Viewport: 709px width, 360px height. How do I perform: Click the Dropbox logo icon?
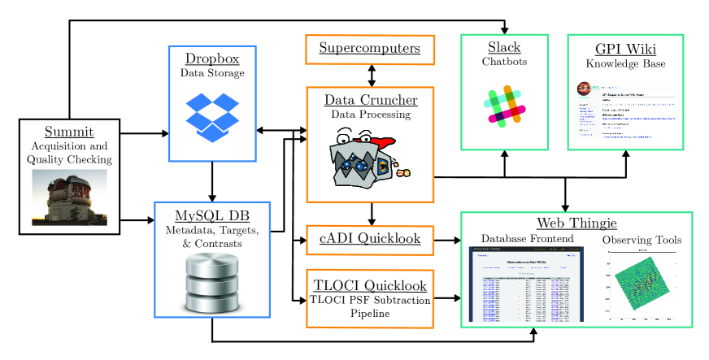coord(212,116)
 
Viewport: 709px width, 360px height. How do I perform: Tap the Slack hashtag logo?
coord(504,105)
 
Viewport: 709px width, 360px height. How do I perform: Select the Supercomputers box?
coord(370,49)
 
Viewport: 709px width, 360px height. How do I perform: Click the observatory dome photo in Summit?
coord(69,197)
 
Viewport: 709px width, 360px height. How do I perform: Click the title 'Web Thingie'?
coord(576,223)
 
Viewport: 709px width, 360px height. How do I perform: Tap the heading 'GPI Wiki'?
coord(625,47)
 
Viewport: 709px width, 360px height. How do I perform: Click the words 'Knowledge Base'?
coord(625,63)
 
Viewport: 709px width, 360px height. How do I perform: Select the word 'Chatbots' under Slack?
coord(504,61)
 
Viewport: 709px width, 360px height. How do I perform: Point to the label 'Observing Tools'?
coord(642,240)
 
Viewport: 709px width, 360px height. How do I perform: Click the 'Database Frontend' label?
coord(527,239)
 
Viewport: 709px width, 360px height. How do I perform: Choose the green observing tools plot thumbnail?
coord(642,282)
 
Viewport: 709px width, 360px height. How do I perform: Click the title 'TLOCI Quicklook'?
coord(370,285)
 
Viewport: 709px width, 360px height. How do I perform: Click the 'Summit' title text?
coord(69,132)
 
